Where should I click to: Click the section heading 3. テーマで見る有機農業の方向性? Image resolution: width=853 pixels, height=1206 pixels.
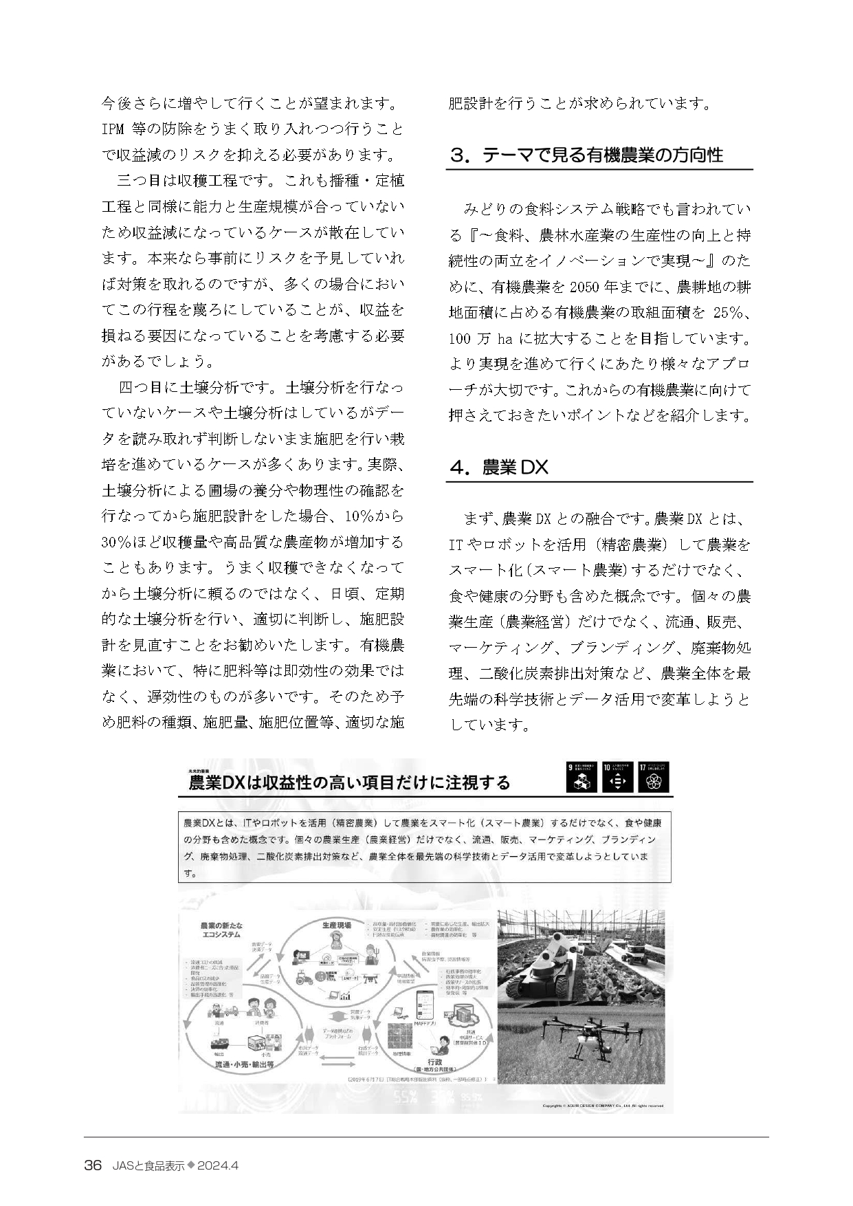[x=586, y=155]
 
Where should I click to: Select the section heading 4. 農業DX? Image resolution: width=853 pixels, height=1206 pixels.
[x=499, y=468]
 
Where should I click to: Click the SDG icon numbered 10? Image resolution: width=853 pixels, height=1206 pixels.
[x=617, y=777]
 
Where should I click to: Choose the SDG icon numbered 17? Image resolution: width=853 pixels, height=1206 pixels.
[x=654, y=777]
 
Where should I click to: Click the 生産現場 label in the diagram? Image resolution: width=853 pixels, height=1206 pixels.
[x=336, y=925]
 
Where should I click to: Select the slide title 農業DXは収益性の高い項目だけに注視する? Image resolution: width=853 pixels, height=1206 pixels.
[x=349, y=782]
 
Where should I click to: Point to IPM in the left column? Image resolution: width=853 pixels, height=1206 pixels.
[x=113, y=129]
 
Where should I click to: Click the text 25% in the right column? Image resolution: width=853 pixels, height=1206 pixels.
[x=730, y=313]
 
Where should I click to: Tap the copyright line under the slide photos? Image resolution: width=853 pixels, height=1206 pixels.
[x=601, y=1106]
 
